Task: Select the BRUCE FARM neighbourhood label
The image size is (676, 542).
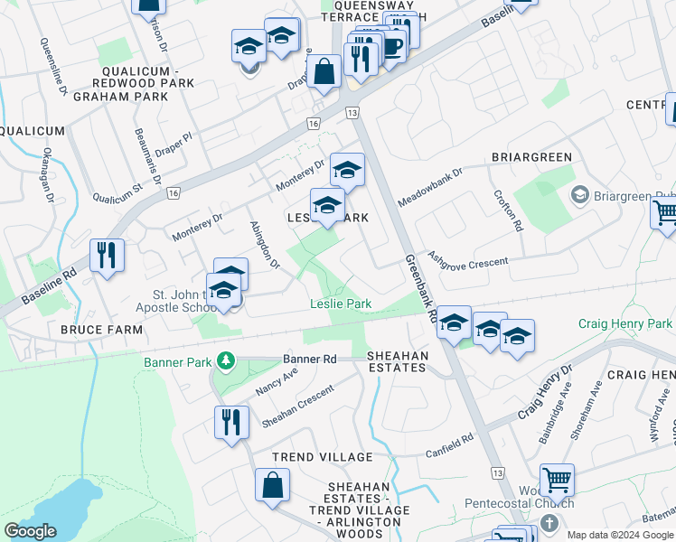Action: pyautogui.click(x=101, y=330)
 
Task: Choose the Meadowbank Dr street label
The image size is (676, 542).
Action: pyautogui.click(x=430, y=184)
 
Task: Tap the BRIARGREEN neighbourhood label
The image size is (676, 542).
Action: pyautogui.click(x=531, y=157)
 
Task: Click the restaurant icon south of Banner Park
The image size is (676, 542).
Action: pyautogui.click(x=231, y=421)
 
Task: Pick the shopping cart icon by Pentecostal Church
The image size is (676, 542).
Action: pyautogui.click(x=557, y=479)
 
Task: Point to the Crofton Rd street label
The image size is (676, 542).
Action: pyautogui.click(x=508, y=210)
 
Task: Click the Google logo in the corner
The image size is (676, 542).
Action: pyautogui.click(x=30, y=531)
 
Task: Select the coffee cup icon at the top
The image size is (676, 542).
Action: pyautogui.click(x=391, y=46)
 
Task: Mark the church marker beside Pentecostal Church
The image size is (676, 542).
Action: pyautogui.click(x=549, y=523)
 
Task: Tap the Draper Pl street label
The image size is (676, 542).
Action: pyautogui.click(x=174, y=147)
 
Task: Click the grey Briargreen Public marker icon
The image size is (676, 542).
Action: pyautogui.click(x=579, y=194)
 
